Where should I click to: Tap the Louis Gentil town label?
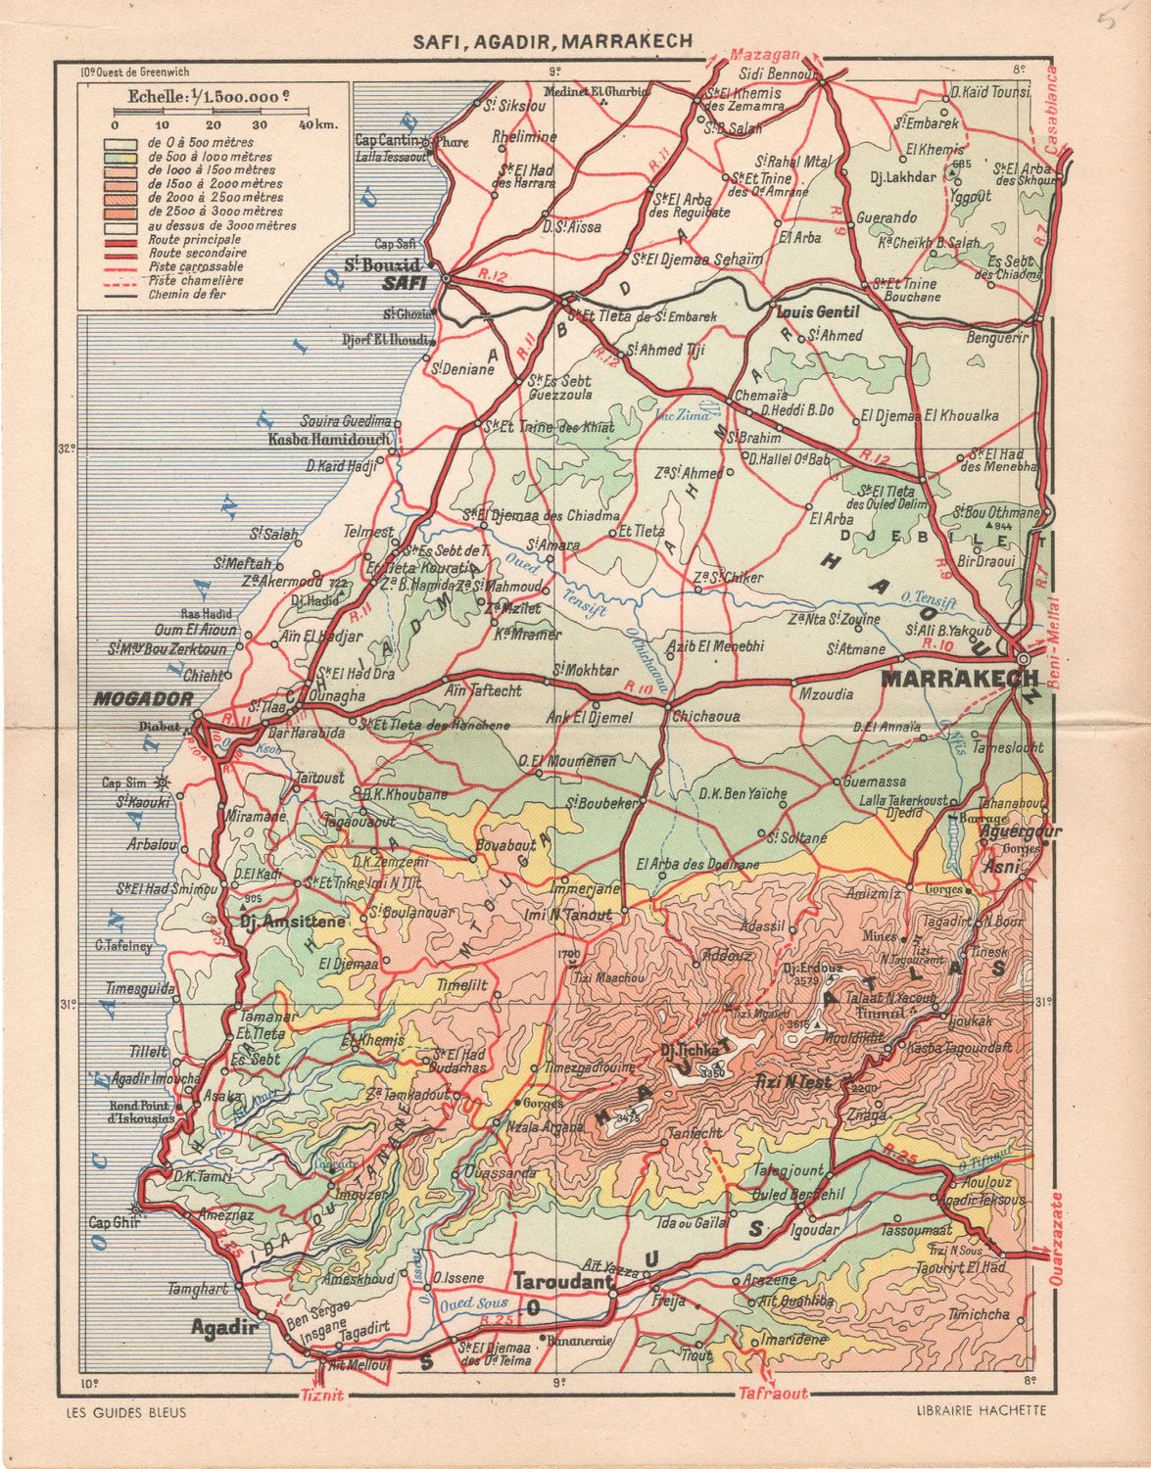coord(817,312)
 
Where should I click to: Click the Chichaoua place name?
coord(705,716)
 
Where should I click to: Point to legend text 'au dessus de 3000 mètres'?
coord(219,224)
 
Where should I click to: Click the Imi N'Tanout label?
coord(569,915)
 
